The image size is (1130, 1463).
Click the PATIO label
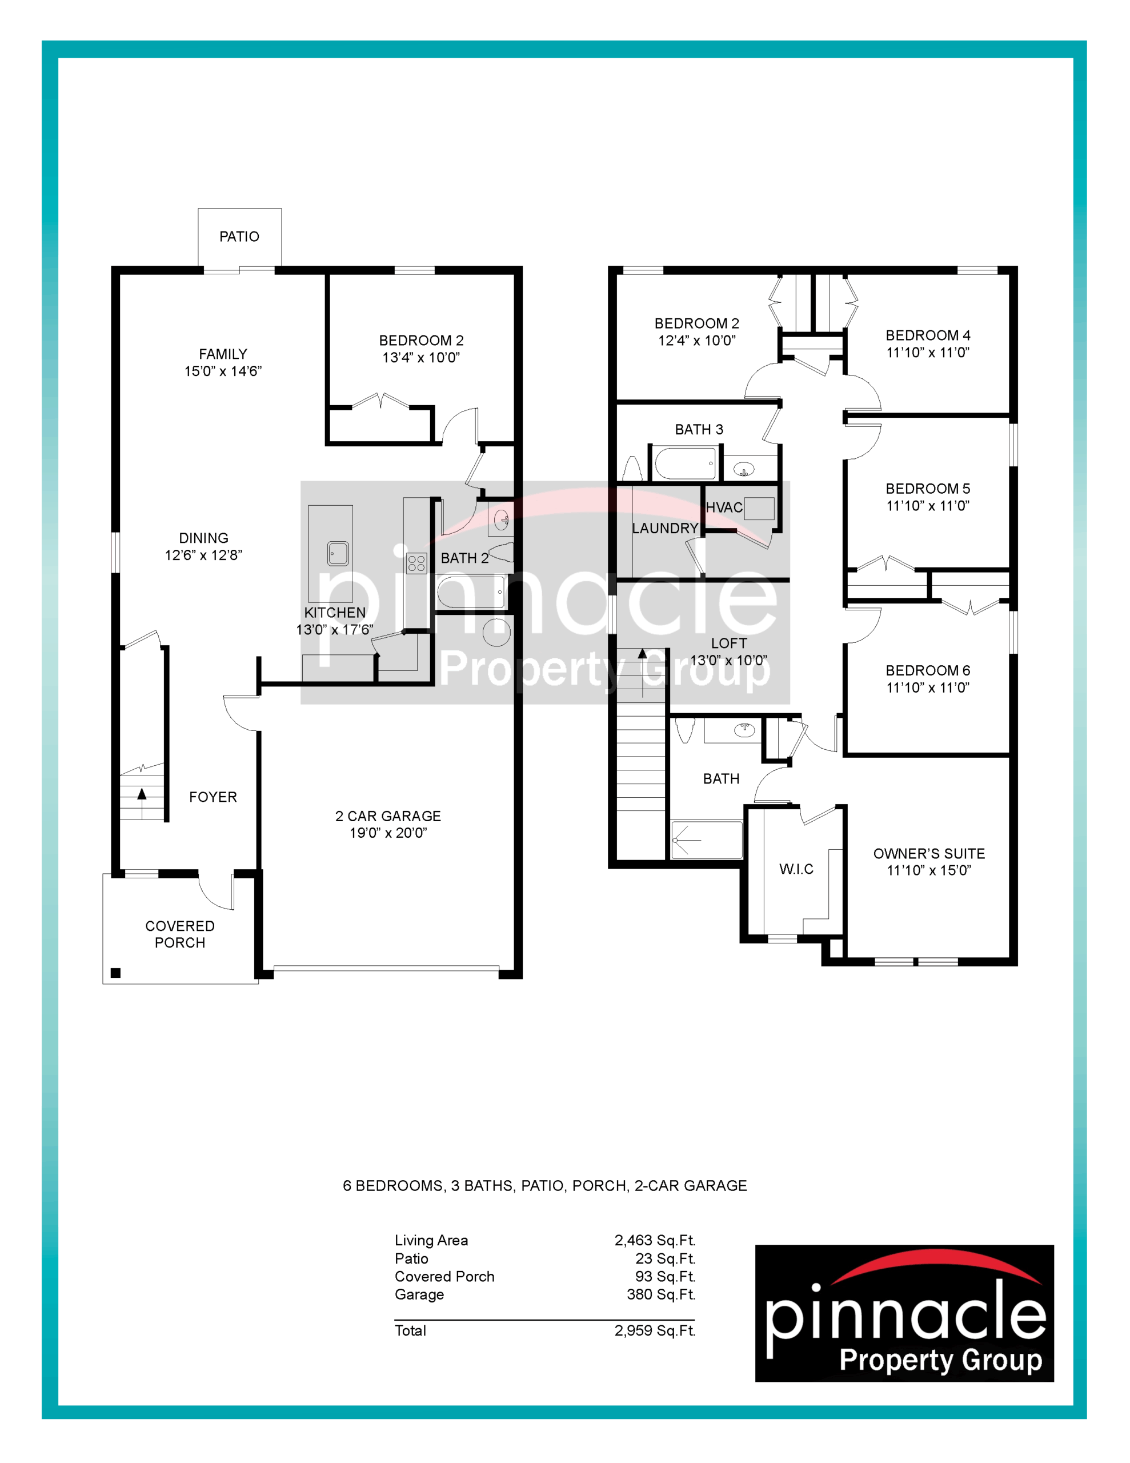point(239,237)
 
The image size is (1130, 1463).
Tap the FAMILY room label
point(223,354)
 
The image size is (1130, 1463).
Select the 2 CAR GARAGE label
point(388,816)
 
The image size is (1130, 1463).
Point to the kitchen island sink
point(338,553)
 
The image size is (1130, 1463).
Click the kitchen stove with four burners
point(416,563)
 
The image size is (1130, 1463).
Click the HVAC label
point(724,507)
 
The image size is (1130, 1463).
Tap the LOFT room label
point(729,643)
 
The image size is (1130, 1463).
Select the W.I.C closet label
point(796,869)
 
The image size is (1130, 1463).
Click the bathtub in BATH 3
point(684,463)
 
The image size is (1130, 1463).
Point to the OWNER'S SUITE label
point(929,853)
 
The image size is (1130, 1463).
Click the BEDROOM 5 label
point(928,489)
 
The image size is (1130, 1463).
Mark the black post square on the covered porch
point(115,973)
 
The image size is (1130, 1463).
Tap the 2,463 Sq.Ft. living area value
point(655,1241)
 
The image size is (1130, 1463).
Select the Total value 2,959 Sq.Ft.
point(655,1330)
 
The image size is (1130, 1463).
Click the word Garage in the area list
point(419,1295)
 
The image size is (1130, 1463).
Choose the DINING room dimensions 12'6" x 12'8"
point(203,555)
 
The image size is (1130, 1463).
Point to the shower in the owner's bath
point(707,839)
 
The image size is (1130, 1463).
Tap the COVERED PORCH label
point(180,934)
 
